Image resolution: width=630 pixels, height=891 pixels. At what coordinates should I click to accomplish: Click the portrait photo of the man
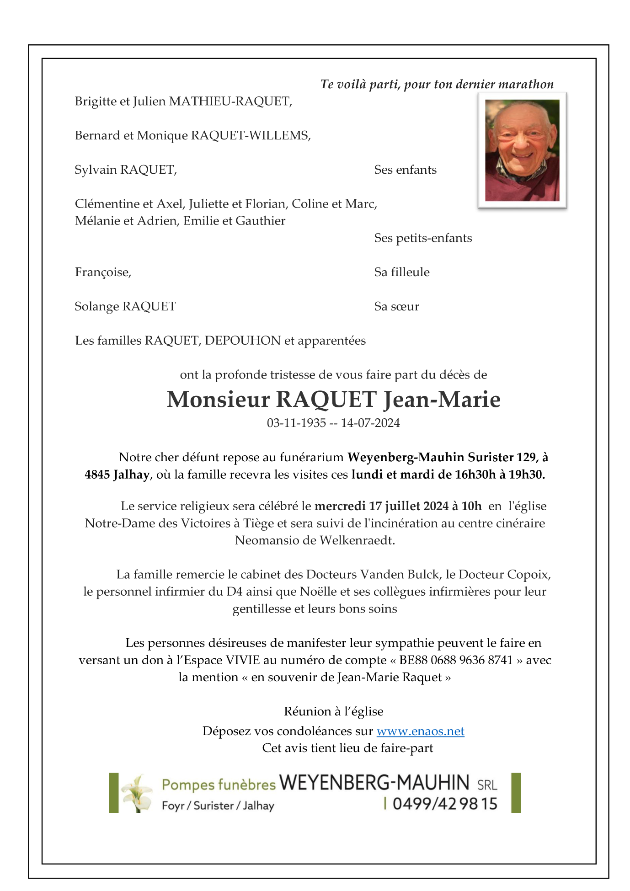[x=522, y=150]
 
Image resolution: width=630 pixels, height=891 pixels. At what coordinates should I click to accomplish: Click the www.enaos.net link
[x=420, y=731]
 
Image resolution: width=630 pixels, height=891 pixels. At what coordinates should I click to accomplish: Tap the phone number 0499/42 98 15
[x=444, y=804]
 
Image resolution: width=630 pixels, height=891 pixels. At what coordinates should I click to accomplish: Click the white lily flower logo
[x=136, y=793]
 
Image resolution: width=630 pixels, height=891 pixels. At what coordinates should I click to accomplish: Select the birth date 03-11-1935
[x=296, y=423]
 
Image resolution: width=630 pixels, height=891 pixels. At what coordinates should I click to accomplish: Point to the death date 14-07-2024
[x=370, y=423]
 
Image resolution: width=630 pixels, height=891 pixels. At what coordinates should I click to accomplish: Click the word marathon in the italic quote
[x=526, y=84]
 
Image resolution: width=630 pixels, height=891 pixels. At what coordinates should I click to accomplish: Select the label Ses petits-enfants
[x=423, y=238]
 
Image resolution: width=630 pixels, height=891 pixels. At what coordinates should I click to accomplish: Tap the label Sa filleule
[x=402, y=272]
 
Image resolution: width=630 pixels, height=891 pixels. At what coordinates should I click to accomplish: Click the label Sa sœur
[x=396, y=306]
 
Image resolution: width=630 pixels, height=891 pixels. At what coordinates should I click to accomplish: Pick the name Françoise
[x=103, y=272]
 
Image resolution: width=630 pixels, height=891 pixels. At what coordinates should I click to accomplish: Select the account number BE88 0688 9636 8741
[x=456, y=660]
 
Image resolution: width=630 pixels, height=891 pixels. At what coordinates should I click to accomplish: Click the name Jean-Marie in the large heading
[x=442, y=399]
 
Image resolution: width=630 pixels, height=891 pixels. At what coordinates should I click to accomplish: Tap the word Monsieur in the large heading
[x=218, y=399]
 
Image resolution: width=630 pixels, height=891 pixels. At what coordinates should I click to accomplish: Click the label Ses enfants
[x=405, y=170]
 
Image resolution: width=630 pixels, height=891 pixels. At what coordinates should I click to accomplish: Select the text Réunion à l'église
[x=333, y=711]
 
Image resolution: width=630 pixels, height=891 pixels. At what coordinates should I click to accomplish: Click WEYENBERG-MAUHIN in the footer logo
[x=374, y=783]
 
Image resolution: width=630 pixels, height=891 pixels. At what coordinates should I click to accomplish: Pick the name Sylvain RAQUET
[x=125, y=170]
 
